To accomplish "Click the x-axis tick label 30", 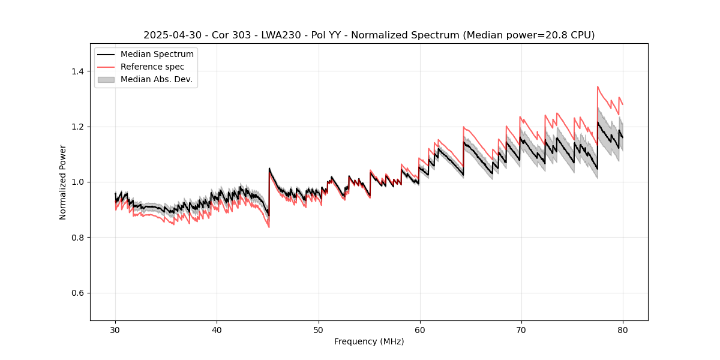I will (x=115, y=330).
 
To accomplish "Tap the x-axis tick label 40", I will (x=217, y=330).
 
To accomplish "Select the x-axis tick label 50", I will (x=319, y=330).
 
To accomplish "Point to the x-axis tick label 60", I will (x=420, y=330).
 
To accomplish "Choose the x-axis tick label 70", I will (x=521, y=330).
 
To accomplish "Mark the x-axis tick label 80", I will (x=623, y=330).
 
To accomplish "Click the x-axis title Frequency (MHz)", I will (x=369, y=341).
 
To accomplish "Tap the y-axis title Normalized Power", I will (x=63, y=182).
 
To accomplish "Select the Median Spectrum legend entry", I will (x=157, y=55).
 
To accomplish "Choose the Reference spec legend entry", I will (x=152, y=67).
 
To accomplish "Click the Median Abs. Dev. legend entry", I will (x=156, y=79).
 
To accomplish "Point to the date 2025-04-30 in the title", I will (x=170, y=35).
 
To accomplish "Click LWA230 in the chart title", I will (x=281, y=35).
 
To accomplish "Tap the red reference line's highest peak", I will (x=598, y=86).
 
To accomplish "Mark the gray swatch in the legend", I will (x=106, y=79).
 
